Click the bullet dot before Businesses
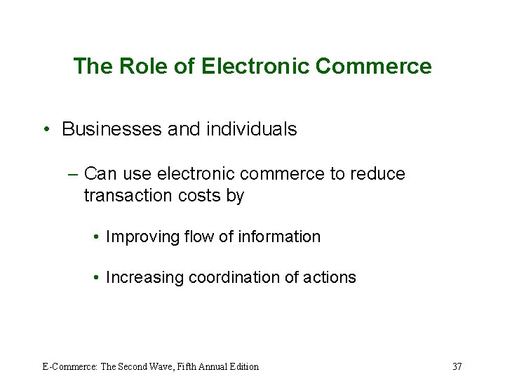tap(46, 130)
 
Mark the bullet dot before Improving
tap(95, 237)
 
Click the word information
tap(279, 237)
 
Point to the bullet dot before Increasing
tap(95, 278)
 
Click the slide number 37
tap(457, 366)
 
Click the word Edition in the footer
tap(243, 366)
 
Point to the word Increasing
tap(141, 278)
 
